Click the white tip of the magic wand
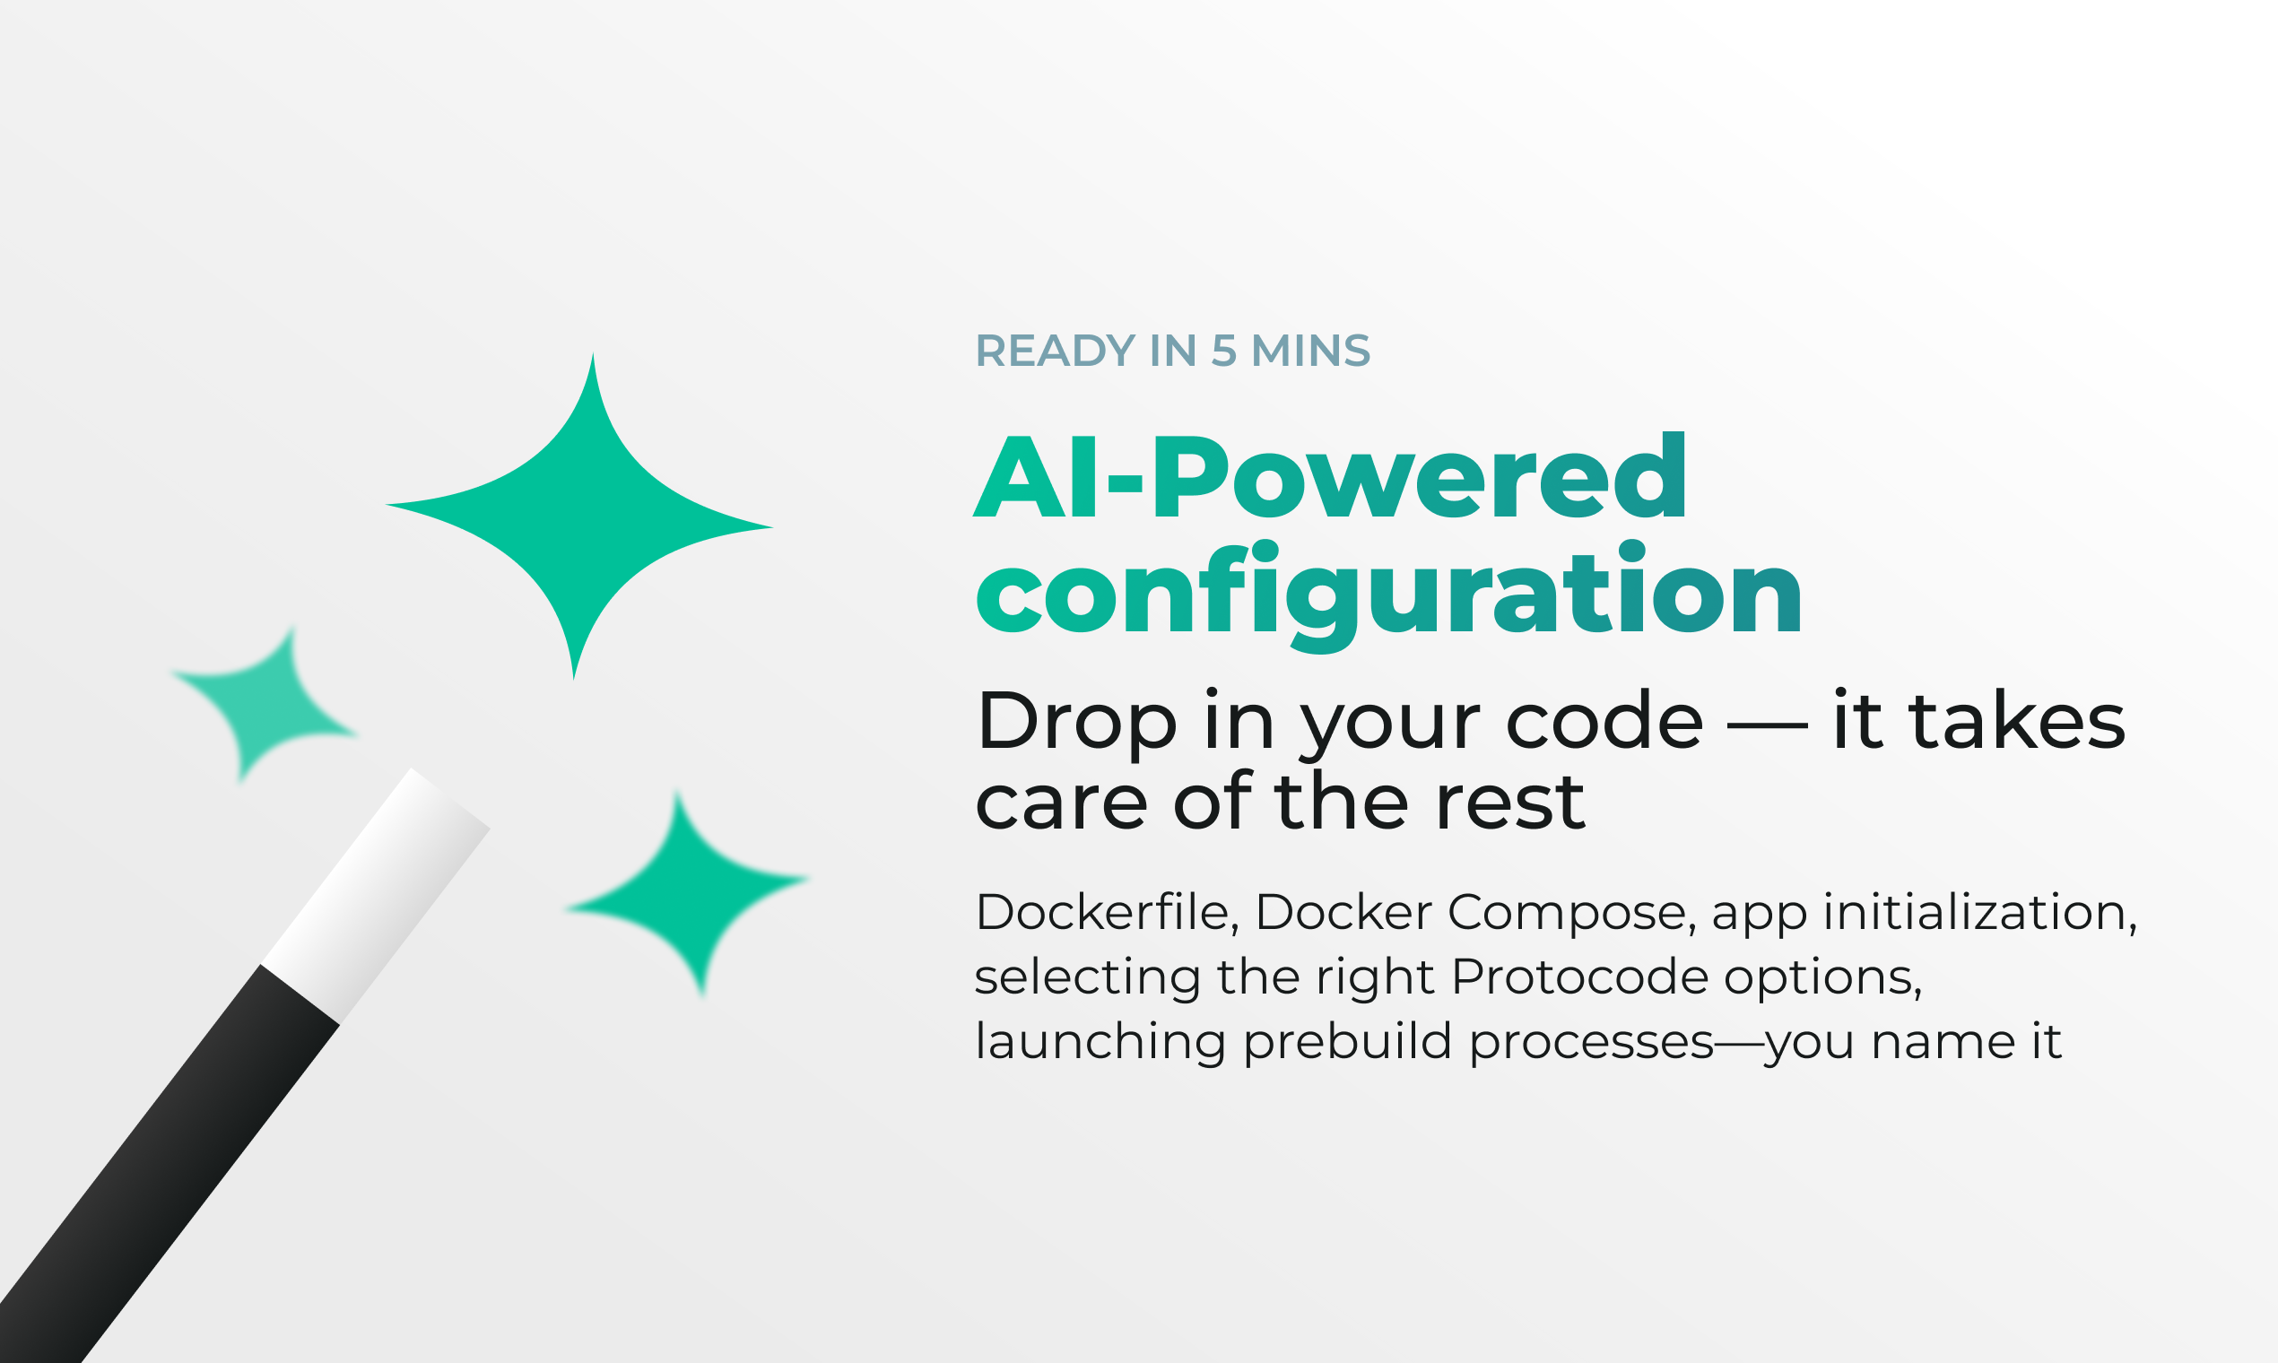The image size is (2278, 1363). [x=377, y=896]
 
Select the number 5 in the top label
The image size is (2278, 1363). [x=1223, y=351]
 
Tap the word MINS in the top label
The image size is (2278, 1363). [x=1311, y=351]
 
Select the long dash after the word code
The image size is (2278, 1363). [x=1768, y=726]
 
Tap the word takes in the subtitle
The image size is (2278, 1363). [x=2017, y=720]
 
